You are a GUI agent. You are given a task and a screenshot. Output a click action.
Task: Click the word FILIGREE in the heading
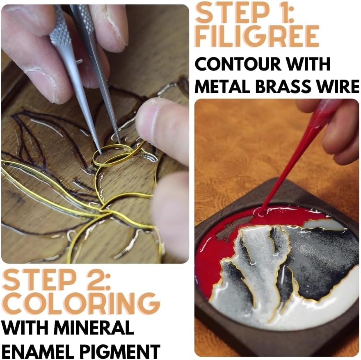coord(257,36)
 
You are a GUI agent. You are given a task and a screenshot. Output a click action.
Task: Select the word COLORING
coord(80,303)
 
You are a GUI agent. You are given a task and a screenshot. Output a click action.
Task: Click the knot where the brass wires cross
coord(104,211)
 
